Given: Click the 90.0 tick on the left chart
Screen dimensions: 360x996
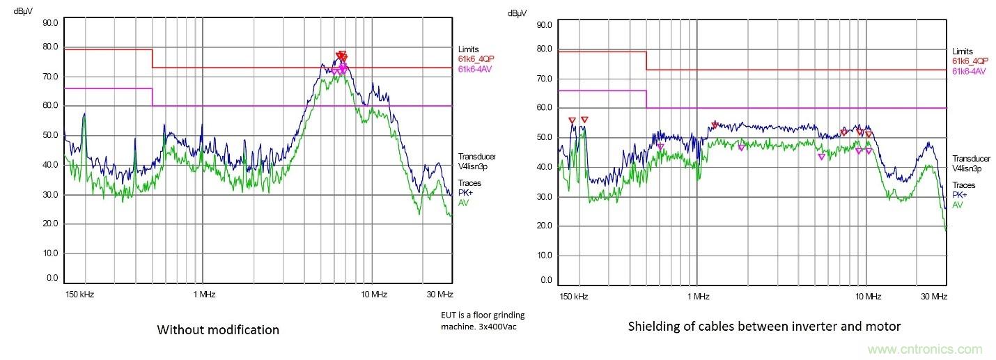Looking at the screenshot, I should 50,22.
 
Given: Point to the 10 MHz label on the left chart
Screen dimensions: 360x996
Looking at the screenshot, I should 374,295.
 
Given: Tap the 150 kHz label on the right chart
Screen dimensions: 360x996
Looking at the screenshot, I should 574,297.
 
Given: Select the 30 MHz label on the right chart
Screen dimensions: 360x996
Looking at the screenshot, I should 934,297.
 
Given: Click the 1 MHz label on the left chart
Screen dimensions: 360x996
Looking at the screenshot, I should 203,295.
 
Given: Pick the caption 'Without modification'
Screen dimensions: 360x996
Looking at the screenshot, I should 218,329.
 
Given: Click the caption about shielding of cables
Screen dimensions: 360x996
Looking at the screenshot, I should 764,326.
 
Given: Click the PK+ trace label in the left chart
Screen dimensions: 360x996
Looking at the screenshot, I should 465,192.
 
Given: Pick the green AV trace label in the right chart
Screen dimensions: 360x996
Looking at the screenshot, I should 958,205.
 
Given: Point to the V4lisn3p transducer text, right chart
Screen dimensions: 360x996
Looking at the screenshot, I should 967,169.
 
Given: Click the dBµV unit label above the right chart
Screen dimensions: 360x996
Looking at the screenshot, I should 517,13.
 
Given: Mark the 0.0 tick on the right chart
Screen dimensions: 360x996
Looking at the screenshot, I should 547,281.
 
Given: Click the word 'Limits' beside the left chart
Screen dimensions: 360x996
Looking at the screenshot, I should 469,49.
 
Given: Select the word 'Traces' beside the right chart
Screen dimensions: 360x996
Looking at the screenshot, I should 964,185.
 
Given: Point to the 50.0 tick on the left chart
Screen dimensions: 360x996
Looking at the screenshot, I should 50,134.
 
